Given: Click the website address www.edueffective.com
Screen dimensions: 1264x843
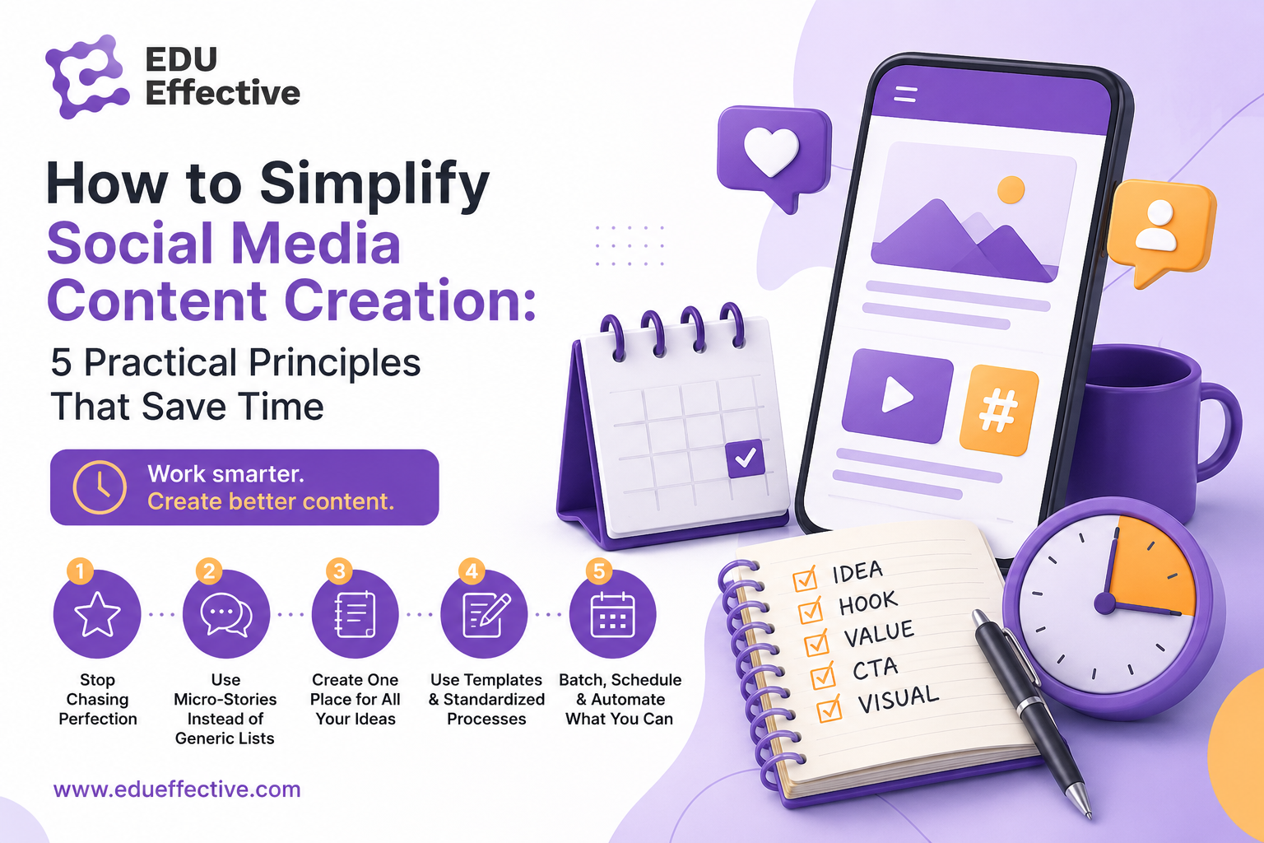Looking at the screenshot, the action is click(x=177, y=789).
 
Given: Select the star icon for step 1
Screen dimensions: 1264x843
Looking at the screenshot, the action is click(x=97, y=614).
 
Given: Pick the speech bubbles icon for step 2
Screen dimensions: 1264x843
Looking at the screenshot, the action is click(x=226, y=615).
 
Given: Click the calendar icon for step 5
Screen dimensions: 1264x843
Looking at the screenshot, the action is click(x=613, y=614).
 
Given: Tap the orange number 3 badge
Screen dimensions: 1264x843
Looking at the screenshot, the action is click(x=339, y=571).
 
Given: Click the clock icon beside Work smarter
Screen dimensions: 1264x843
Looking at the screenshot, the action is click(x=100, y=487).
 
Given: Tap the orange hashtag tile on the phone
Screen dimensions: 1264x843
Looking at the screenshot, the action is click(x=999, y=410).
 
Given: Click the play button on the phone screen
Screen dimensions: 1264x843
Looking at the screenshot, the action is click(x=897, y=394).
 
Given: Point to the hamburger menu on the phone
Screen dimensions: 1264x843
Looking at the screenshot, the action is click(x=906, y=95).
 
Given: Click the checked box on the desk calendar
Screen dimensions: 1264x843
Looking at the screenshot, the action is click(x=746, y=458).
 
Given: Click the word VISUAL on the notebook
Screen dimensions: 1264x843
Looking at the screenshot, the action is click(x=899, y=700).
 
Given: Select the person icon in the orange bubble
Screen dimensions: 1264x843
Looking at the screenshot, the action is click(x=1156, y=226).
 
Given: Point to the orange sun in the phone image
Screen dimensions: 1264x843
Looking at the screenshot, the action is click(x=1011, y=189).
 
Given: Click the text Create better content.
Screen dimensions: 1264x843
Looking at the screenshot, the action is click(x=271, y=501).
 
